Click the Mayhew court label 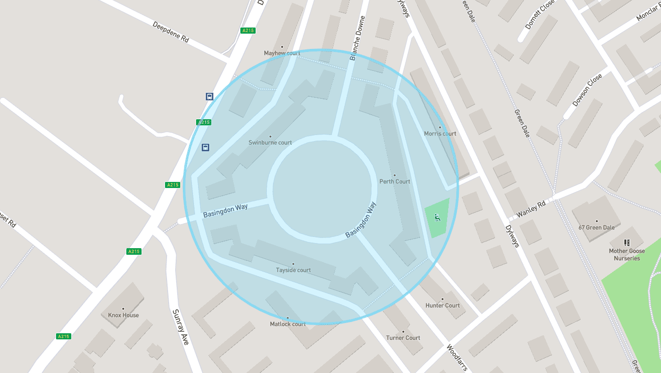282,53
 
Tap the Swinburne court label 270,143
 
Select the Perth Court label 395,181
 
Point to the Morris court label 440,134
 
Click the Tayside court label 293,270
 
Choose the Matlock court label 288,324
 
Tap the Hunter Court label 443,306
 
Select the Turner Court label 403,338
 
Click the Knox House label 123,315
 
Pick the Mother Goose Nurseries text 626,254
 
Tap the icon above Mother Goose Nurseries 627,243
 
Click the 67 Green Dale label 596,227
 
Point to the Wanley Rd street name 531,209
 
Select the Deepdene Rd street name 171,32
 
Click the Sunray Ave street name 181,327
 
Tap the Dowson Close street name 587,90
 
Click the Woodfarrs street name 457,358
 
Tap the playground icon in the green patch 437,218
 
